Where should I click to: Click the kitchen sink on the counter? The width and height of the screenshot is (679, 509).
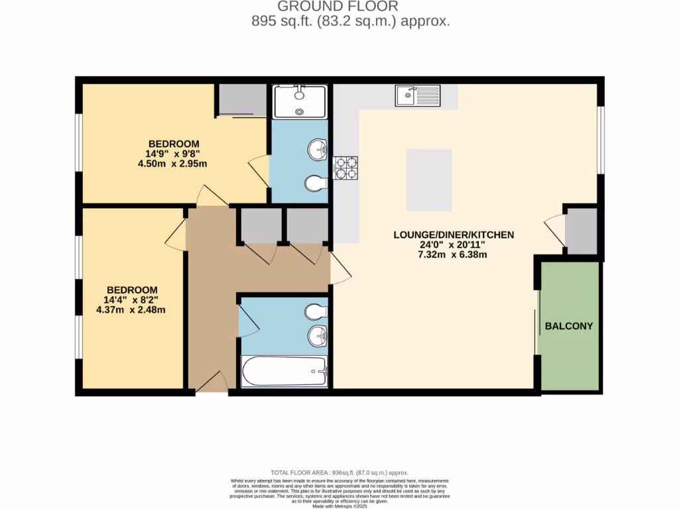pos(417,96)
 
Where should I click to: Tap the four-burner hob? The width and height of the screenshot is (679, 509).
pos(345,168)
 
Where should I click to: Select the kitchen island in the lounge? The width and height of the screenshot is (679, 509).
pos(429,180)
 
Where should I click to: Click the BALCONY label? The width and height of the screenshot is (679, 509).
pos(568,326)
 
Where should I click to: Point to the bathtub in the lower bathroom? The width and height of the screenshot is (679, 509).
pos(284,371)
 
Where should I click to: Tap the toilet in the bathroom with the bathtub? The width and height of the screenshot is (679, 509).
pos(317,311)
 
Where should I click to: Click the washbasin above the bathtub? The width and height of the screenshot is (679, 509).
pos(317,337)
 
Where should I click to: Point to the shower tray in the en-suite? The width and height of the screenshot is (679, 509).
pos(300,103)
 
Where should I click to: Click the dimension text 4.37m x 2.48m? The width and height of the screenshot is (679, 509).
pos(131,310)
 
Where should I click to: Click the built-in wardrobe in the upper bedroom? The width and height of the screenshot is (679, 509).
pos(241,100)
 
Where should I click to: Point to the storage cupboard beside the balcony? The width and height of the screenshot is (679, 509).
pos(581,231)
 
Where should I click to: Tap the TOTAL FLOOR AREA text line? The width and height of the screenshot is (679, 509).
pos(338,473)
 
